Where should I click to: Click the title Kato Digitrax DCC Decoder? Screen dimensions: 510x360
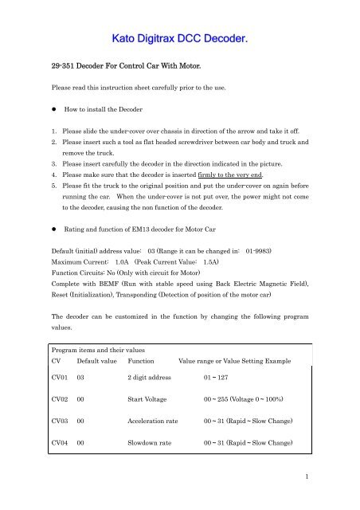179,37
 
